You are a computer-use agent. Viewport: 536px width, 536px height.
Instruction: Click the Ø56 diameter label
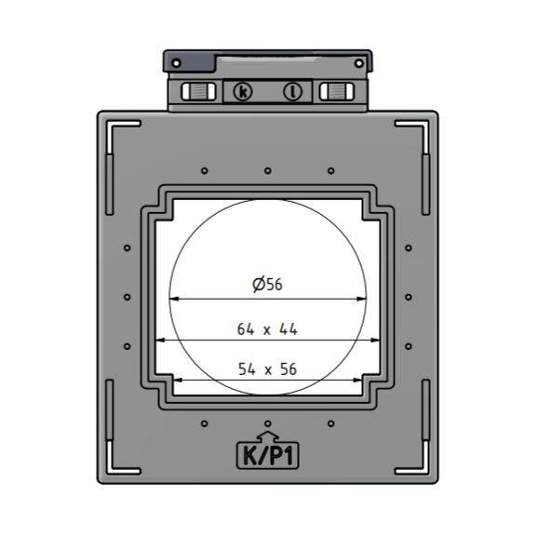267,285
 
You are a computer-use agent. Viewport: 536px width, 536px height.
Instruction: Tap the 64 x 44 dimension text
267,329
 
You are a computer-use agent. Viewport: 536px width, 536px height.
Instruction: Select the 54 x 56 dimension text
267,369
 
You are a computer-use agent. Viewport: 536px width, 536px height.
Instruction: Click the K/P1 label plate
268,456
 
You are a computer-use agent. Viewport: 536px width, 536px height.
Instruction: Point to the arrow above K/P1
268,436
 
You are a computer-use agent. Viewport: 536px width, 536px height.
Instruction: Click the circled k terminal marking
243,91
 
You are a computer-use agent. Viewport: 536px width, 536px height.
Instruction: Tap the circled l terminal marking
292,91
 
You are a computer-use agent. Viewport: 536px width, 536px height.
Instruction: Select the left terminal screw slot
198,91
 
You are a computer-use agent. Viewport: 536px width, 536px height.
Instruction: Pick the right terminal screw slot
337,91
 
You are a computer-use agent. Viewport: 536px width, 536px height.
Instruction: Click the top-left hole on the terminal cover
176,63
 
